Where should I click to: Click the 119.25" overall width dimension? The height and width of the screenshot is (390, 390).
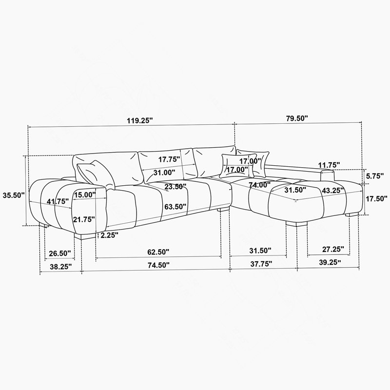point(140,121)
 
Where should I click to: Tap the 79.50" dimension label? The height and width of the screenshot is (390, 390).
point(297,118)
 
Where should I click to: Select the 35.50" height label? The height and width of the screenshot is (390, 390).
point(14,195)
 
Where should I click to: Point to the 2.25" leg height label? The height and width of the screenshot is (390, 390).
point(109,235)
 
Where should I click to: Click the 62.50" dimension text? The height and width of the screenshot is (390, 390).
point(158,252)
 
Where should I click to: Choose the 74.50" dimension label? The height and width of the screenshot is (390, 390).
point(158,265)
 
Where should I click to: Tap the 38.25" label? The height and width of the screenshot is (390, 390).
point(61,267)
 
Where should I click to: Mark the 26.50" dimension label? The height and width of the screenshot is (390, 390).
point(60,253)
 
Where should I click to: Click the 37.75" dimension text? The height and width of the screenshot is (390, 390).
point(261,264)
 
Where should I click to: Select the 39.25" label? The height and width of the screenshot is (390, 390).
point(330,262)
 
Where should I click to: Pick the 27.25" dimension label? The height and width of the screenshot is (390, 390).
point(333,249)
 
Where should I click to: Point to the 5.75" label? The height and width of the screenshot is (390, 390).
point(374,176)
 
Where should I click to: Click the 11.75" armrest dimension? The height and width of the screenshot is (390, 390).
point(329,165)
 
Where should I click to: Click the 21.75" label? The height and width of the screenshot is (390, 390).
point(84,219)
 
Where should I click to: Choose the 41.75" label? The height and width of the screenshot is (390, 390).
point(58,201)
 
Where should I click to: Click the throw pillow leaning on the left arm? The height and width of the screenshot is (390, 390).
point(96,175)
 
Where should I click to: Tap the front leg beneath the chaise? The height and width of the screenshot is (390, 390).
point(296,223)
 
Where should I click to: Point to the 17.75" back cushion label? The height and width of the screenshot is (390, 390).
point(169,159)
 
